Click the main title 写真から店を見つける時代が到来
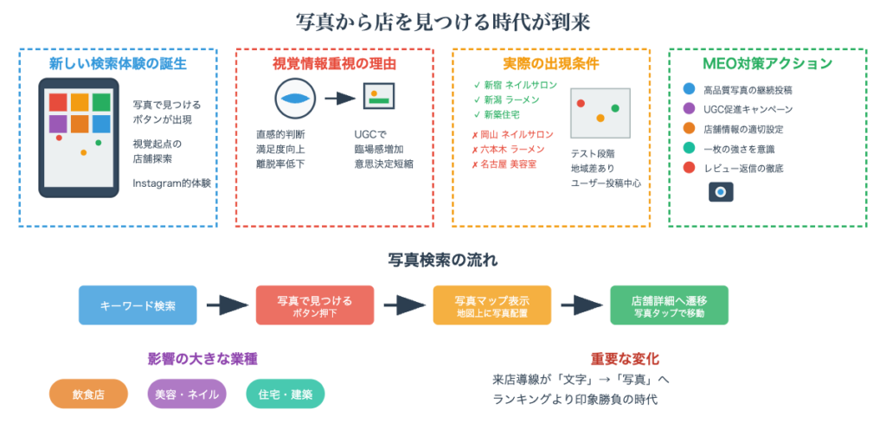pos(443,21)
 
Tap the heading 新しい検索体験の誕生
pos(118,63)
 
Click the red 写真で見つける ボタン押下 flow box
pos(315,305)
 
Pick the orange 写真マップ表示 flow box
pos(491,305)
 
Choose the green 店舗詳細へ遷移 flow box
pos(669,305)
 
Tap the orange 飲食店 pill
pos(87,394)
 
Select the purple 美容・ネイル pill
pos(186,394)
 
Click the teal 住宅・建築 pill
pos(285,394)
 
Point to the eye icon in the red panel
pos(295,98)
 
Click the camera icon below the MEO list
pos(721,192)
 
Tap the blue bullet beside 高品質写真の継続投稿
pos(689,89)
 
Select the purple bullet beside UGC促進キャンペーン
pos(689,109)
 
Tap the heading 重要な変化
pos(625,358)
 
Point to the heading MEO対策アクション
pos(767,63)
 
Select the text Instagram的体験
pos(171,183)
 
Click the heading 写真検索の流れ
pos(443,260)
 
